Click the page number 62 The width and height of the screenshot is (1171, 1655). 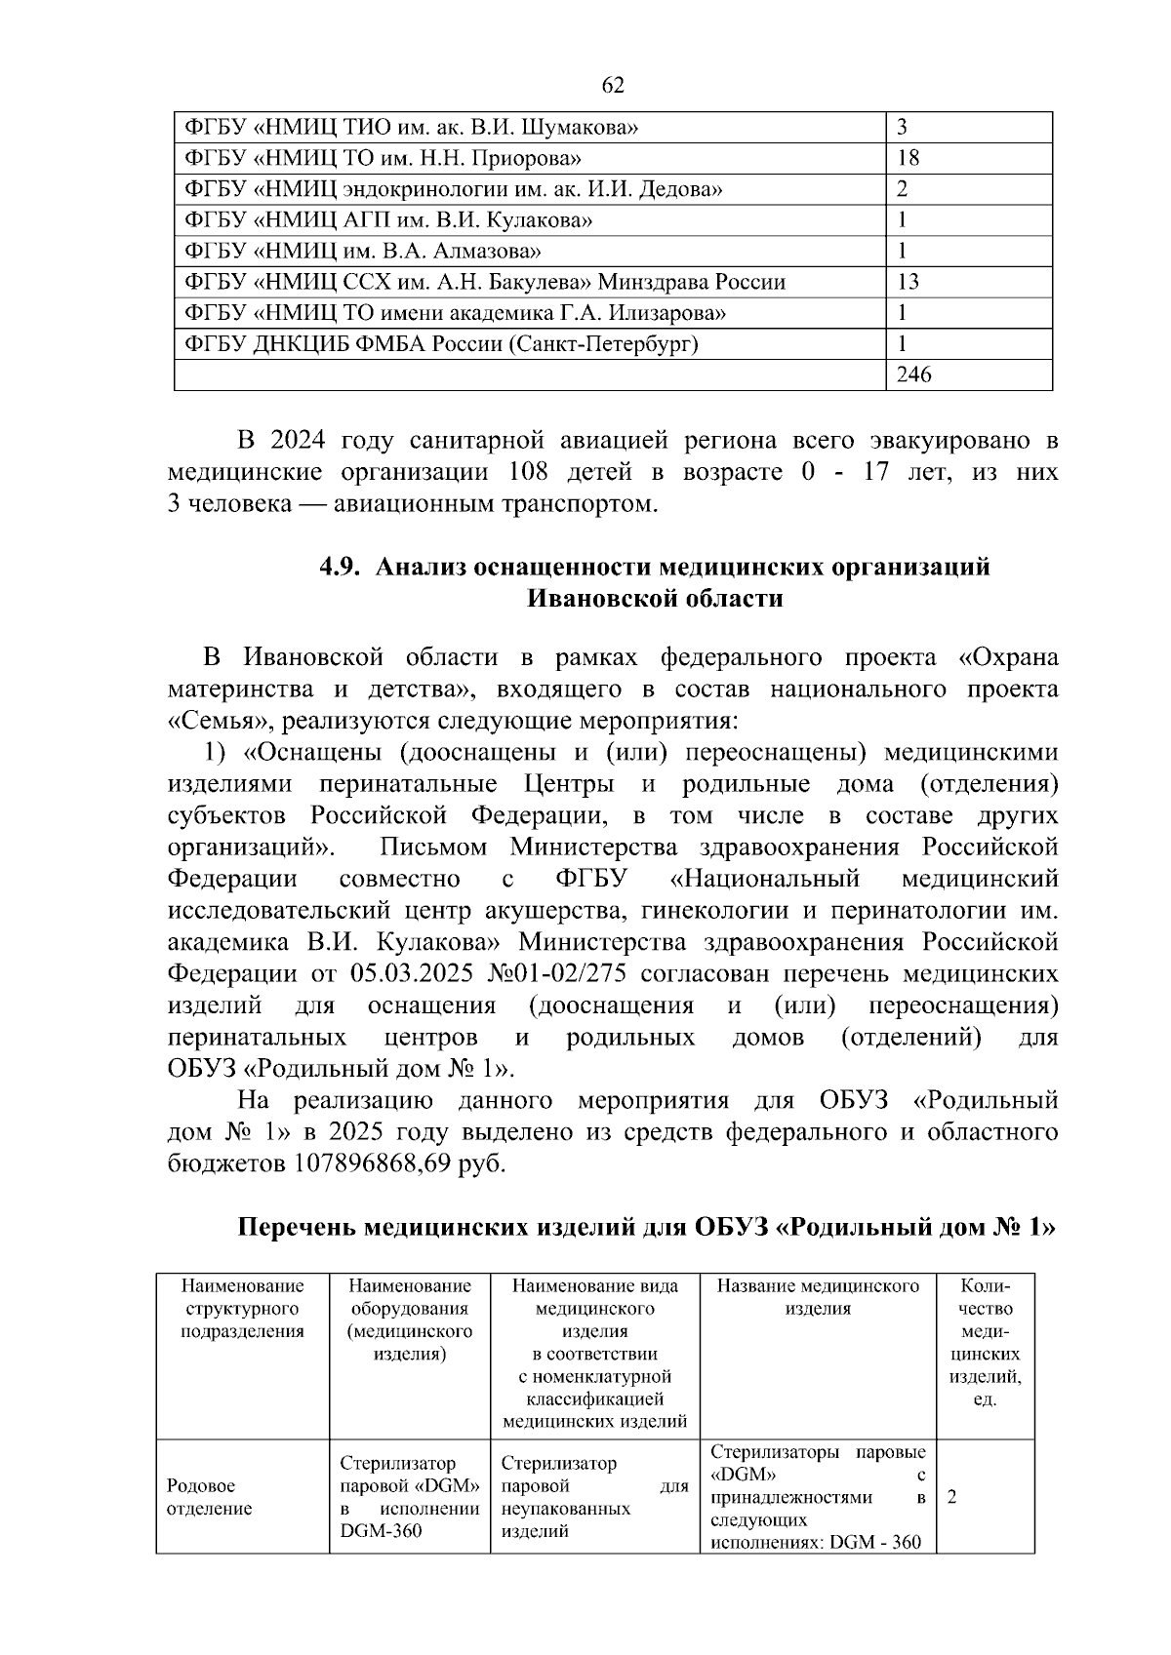tap(613, 86)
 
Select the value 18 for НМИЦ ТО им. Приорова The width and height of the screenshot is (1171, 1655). tap(908, 158)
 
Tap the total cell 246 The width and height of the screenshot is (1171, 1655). tap(914, 374)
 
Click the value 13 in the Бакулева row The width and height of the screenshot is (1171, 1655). tap(908, 283)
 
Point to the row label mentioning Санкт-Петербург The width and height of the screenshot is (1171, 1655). tap(441, 344)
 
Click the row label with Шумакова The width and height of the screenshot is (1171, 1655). tap(412, 127)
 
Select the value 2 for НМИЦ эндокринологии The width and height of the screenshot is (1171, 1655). tap(903, 189)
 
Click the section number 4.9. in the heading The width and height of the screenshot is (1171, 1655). tap(343, 567)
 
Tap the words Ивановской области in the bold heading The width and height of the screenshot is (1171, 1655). tap(655, 598)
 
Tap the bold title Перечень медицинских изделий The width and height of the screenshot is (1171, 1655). tap(464, 1227)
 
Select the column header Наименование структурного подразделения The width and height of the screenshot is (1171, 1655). tap(243, 1309)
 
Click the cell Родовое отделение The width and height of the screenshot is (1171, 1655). tap(209, 1497)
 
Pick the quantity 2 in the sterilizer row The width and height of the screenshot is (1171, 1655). tap(951, 1497)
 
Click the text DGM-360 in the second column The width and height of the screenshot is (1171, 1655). tap(382, 1531)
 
